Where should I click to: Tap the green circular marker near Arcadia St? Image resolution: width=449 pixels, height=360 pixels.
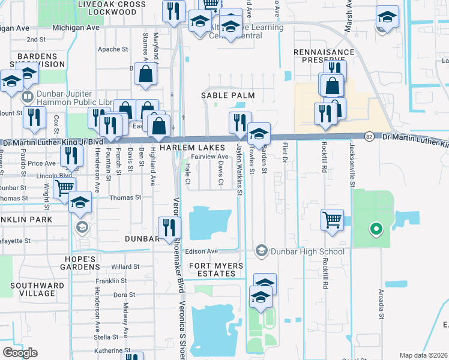tap(376, 229)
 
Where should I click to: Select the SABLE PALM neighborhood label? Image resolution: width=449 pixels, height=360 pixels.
tap(228, 95)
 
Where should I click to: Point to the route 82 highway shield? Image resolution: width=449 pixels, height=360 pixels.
tap(370, 137)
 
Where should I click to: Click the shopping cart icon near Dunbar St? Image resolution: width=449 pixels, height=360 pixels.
tap(64, 187)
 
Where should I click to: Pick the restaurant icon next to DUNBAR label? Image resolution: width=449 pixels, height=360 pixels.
tap(169, 227)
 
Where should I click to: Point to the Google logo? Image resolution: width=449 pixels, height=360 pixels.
tap(19, 353)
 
